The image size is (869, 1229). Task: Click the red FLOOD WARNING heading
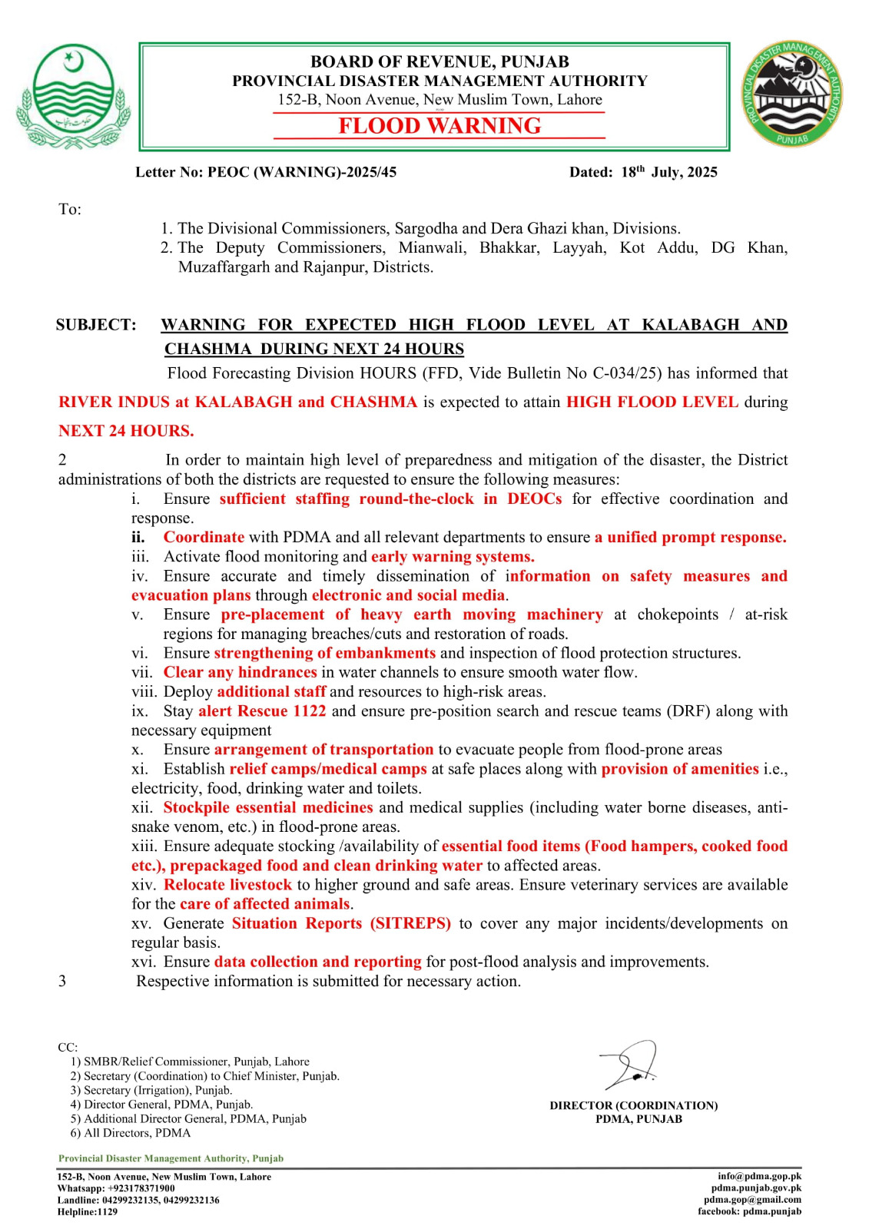[439, 126]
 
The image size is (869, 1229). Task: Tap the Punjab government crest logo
[73, 95]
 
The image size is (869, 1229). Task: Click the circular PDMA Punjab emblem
[791, 94]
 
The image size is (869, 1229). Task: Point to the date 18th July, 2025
[668, 172]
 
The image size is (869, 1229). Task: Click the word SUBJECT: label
[96, 325]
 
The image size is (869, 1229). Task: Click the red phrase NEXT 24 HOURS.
[126, 431]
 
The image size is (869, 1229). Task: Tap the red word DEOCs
[534, 499]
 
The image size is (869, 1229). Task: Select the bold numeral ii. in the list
[138, 537]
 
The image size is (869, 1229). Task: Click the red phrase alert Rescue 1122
[262, 711]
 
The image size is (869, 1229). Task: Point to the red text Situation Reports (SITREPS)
[341, 923]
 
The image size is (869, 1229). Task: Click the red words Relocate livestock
[227, 885]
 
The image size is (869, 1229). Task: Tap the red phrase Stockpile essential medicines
[268, 807]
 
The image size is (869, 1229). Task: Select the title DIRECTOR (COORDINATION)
[634, 1105]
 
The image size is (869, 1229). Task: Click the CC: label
[68, 1047]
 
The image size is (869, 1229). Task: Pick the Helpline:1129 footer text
[88, 1212]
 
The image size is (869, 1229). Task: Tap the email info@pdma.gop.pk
[759, 1176]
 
